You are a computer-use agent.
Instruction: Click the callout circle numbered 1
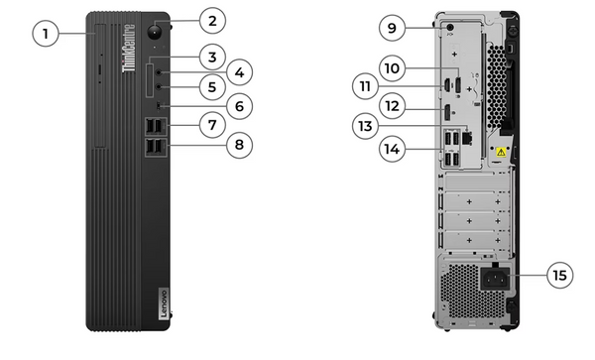(x=46, y=34)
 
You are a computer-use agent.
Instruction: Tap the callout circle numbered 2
(x=212, y=21)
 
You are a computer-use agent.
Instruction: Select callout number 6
(x=239, y=106)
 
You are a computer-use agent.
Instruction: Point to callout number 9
(x=392, y=28)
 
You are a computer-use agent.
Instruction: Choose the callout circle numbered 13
(x=365, y=126)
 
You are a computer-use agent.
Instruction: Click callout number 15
(x=560, y=275)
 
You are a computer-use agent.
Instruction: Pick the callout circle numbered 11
(x=365, y=86)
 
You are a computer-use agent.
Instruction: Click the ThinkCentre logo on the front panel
(x=129, y=48)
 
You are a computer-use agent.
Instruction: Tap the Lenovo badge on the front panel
(x=164, y=303)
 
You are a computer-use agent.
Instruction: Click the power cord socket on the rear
(x=495, y=280)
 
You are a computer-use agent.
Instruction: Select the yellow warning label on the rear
(x=501, y=153)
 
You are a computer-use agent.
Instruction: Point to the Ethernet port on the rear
(x=467, y=137)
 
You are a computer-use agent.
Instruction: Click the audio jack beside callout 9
(x=450, y=28)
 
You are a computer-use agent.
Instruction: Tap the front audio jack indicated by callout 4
(x=159, y=72)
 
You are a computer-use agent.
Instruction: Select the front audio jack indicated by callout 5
(x=159, y=87)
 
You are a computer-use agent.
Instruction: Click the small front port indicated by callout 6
(x=159, y=106)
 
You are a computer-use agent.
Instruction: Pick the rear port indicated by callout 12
(x=448, y=112)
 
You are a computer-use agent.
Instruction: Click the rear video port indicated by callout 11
(x=447, y=85)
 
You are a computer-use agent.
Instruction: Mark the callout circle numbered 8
(x=239, y=145)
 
